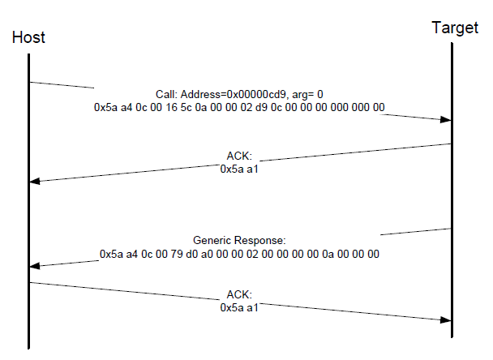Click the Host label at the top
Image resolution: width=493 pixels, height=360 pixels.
(29, 38)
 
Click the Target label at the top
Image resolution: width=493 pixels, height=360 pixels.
(454, 28)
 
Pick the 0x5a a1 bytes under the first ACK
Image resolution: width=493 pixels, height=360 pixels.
(239, 169)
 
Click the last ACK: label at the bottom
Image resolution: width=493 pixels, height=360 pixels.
(239, 294)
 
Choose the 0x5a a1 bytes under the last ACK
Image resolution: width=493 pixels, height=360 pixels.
(239, 307)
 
